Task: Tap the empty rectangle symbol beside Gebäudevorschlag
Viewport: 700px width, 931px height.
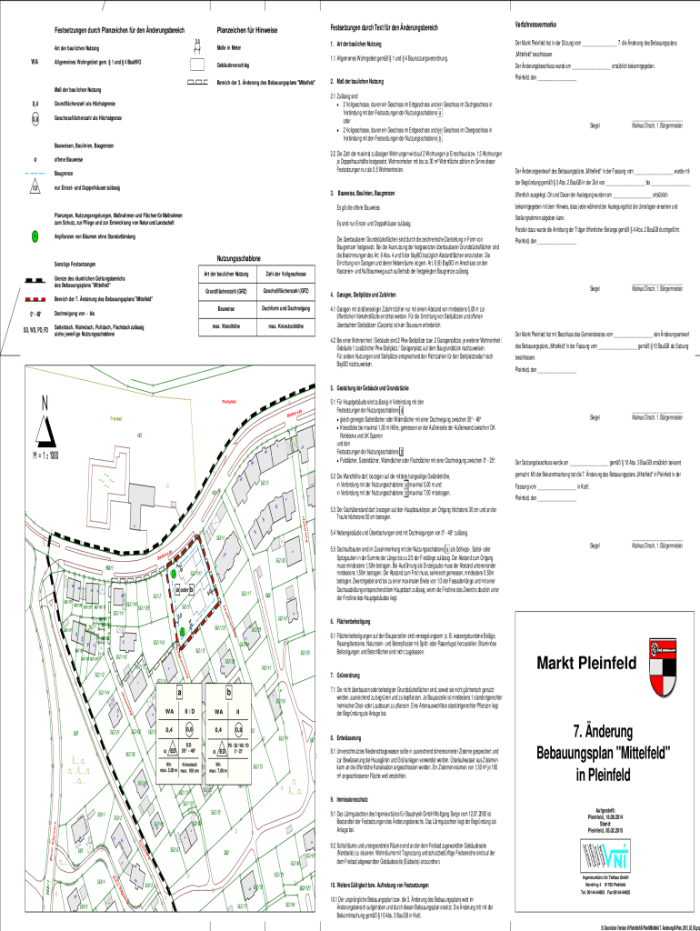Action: [196, 66]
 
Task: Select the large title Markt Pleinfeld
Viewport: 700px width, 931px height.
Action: [583, 661]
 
